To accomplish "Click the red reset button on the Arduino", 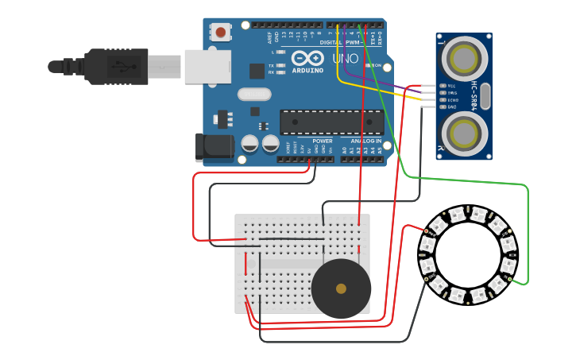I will coord(220,33).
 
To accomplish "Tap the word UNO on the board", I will coord(345,59).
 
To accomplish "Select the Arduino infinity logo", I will coord(307,57).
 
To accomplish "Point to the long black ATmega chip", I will coord(331,122).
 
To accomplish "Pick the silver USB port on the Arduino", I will coord(207,67).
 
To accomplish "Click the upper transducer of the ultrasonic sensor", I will coord(463,58).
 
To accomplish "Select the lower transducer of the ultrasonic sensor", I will coord(463,134).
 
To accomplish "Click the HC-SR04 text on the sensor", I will coord(474,96).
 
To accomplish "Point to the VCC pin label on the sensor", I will coord(451,86).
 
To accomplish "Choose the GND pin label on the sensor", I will coord(451,106).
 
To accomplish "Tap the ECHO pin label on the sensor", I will coord(452,100).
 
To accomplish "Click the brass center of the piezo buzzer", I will coord(341,288).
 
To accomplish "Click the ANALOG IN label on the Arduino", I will coord(366,141).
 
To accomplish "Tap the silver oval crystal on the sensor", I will coord(485,96).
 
